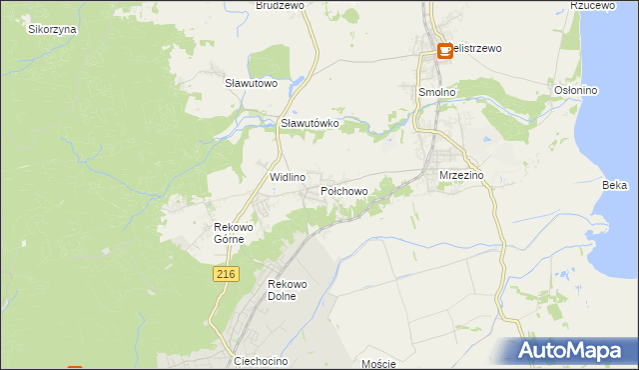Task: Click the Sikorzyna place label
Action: tap(53, 29)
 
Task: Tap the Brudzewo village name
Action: tap(280, 5)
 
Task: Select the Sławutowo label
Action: tap(251, 83)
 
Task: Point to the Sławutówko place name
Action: tap(311, 123)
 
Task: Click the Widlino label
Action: tap(288, 176)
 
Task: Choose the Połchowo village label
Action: tap(344, 190)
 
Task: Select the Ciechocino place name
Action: tap(261, 359)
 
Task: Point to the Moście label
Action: tap(379, 364)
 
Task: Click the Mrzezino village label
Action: tap(461, 175)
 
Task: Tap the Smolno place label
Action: tap(435, 91)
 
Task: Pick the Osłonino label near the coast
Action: tap(575, 90)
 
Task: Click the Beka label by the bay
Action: tap(615, 185)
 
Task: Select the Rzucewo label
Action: tap(590, 5)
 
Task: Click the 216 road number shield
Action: tap(226, 274)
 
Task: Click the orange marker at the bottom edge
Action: tap(75, 367)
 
